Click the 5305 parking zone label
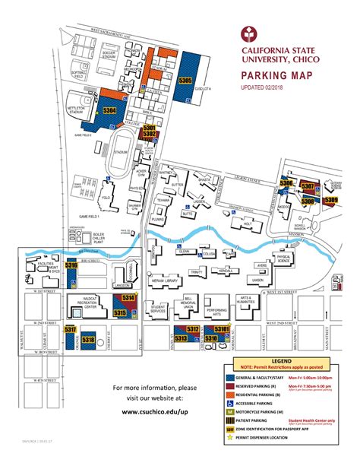coord(185,80)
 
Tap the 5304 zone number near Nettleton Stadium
coord(109,111)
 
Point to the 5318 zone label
coord(88,340)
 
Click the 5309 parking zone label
coord(331,200)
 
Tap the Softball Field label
coord(79,73)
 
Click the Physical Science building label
coord(284,259)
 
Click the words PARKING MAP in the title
coord(276,76)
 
